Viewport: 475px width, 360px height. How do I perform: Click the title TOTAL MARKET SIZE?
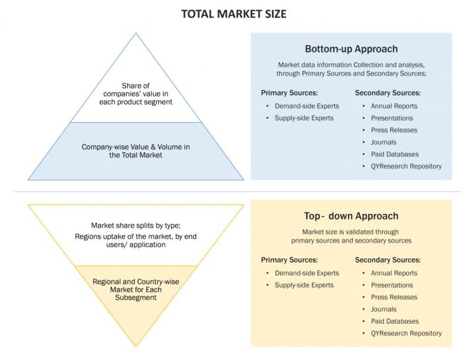[x=234, y=14]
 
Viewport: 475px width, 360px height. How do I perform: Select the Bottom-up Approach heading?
[x=351, y=49]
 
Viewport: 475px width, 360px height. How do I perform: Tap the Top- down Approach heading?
[x=351, y=216]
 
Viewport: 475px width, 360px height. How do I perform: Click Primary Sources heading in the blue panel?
[x=289, y=93]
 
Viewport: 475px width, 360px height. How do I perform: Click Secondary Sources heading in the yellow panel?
[x=388, y=260]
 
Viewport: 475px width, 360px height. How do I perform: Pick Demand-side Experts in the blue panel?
[x=307, y=106]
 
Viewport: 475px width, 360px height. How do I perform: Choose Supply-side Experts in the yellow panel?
[x=304, y=285]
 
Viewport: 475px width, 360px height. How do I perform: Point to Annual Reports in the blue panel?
[x=394, y=106]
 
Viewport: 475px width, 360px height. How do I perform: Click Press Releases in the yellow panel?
[x=394, y=297]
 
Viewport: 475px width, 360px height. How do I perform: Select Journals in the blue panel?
[x=384, y=142]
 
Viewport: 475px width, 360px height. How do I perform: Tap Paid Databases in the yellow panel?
[x=395, y=321]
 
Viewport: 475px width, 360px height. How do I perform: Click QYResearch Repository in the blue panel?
[x=406, y=166]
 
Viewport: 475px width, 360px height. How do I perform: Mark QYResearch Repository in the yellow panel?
[x=406, y=333]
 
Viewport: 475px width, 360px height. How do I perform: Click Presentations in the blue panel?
[x=392, y=118]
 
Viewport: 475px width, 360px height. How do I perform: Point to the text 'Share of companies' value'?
[x=136, y=90]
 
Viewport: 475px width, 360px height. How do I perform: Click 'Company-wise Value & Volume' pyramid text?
[x=136, y=147]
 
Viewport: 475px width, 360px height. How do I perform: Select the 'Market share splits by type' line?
[x=136, y=226]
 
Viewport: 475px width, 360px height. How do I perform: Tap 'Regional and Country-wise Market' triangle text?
[x=136, y=286]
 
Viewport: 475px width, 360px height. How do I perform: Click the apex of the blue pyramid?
[x=136, y=33]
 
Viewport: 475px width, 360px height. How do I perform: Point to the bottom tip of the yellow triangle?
[x=136, y=347]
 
